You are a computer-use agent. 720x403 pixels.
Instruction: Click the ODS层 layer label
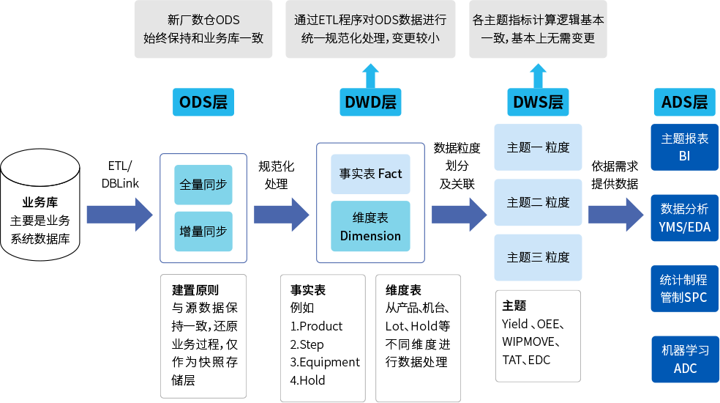[203, 103]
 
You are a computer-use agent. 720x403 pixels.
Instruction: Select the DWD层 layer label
[370, 103]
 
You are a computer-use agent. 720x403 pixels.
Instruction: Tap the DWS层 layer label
[538, 103]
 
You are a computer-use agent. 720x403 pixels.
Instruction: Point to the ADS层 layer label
[684, 103]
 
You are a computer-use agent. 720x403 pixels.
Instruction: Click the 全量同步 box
[203, 185]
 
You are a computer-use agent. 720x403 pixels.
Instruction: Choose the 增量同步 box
[203, 231]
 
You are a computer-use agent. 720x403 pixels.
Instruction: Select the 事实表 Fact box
[370, 174]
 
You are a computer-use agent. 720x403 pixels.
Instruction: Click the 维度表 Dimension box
[370, 226]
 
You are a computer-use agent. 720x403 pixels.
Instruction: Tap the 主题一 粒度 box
[538, 147]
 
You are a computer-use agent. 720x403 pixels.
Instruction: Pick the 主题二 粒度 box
[538, 202]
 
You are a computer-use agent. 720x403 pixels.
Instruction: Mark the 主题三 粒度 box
[538, 257]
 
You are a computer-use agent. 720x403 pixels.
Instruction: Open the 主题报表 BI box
[684, 147]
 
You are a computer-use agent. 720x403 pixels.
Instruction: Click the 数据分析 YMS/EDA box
[684, 218]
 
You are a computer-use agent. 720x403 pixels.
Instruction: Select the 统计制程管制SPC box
[684, 289]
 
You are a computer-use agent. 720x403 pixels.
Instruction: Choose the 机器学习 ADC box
[684, 359]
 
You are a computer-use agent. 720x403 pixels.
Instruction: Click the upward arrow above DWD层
[370, 75]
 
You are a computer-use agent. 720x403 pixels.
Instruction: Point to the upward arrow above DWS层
[538, 75]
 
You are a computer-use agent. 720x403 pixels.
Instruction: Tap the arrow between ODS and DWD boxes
[281, 214]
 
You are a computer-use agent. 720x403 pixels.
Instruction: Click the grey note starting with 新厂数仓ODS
[203, 29]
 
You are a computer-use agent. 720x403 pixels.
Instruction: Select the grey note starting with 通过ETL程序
[370, 29]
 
